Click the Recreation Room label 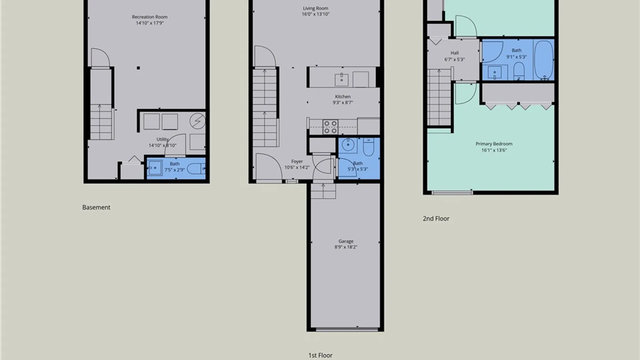coord(150,17)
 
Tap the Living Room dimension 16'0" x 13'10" coord(315,14)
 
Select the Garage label coord(346,241)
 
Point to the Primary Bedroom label coord(494,144)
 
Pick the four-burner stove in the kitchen coord(330,127)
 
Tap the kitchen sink coord(341,80)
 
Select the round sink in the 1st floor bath coord(348,145)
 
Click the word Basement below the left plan coord(96,207)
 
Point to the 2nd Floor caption coord(436,219)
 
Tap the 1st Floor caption coord(320,355)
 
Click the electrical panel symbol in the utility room coord(198,121)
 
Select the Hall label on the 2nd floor coord(454,53)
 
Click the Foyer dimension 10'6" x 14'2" coord(297,167)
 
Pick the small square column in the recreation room coord(138,68)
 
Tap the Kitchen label coord(343,97)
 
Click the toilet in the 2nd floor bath coord(519,71)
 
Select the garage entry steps coord(323,191)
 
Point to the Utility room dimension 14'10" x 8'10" coord(162,145)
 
